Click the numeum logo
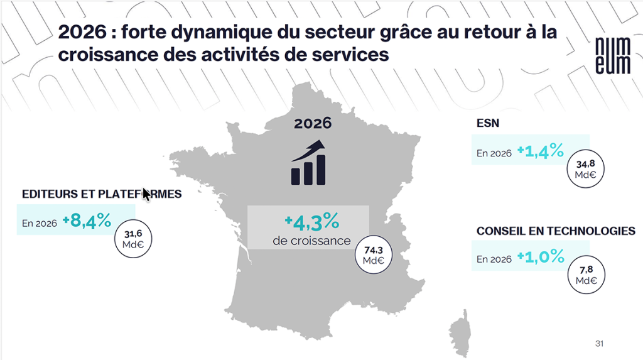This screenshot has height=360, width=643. tap(612, 56)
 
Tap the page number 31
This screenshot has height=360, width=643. tap(598, 344)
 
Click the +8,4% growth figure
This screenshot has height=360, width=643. tap(87, 221)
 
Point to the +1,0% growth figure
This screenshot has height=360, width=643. tap(540, 257)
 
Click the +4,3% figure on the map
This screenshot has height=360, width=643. tap(311, 221)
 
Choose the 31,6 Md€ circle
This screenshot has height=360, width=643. tap(132, 239)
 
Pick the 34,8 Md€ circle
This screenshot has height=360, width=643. tap(588, 170)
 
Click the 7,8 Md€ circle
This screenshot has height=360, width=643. tap(588, 275)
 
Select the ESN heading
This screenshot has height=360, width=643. tap(488, 123)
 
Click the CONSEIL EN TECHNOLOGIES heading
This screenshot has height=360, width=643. tap(556, 231)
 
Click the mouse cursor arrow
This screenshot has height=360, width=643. tap(146, 194)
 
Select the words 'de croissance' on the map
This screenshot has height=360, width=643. tap(311, 240)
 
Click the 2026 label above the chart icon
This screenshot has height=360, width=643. tap(312, 123)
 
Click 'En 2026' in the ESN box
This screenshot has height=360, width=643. tap(494, 153)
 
